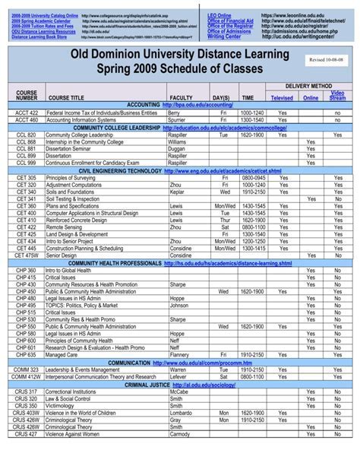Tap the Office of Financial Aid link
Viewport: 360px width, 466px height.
coord(231,21)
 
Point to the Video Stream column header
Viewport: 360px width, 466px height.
coord(337,95)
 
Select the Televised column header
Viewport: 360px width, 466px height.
coord(282,98)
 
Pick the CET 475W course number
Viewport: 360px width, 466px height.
coord(27,255)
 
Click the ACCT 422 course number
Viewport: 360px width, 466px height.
coord(27,113)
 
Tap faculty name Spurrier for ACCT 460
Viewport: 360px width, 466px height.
coord(177,119)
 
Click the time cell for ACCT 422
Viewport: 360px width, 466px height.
coord(252,113)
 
